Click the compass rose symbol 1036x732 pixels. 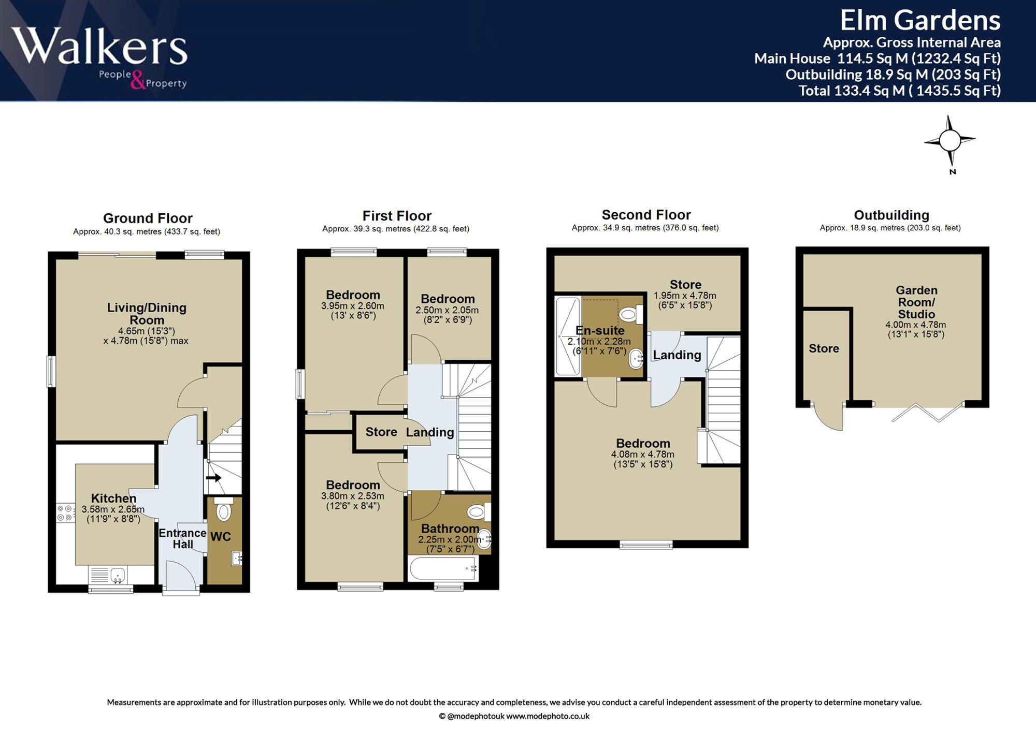pos(949,140)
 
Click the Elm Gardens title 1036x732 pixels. pos(920,20)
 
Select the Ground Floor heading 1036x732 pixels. pos(148,218)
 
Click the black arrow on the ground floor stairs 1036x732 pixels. pos(213,477)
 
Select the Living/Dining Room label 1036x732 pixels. pos(147,314)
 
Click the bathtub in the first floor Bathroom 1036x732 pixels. pos(443,568)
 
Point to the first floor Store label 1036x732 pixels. pos(381,432)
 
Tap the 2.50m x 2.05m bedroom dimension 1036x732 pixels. pos(447,310)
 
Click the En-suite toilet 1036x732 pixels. pos(631,314)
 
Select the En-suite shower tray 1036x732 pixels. pos(568,336)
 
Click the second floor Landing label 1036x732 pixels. pos(677,355)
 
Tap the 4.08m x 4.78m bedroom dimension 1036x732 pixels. pos(643,455)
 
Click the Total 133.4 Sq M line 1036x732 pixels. pos(899,91)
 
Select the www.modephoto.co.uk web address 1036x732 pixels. pos(548,716)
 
